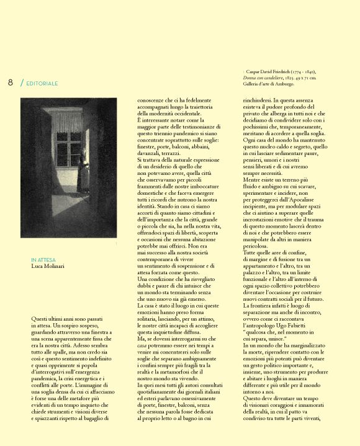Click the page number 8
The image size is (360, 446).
[x=10, y=83]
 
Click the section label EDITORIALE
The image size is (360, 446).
[x=43, y=83]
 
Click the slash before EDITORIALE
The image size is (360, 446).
[x=22, y=83]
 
